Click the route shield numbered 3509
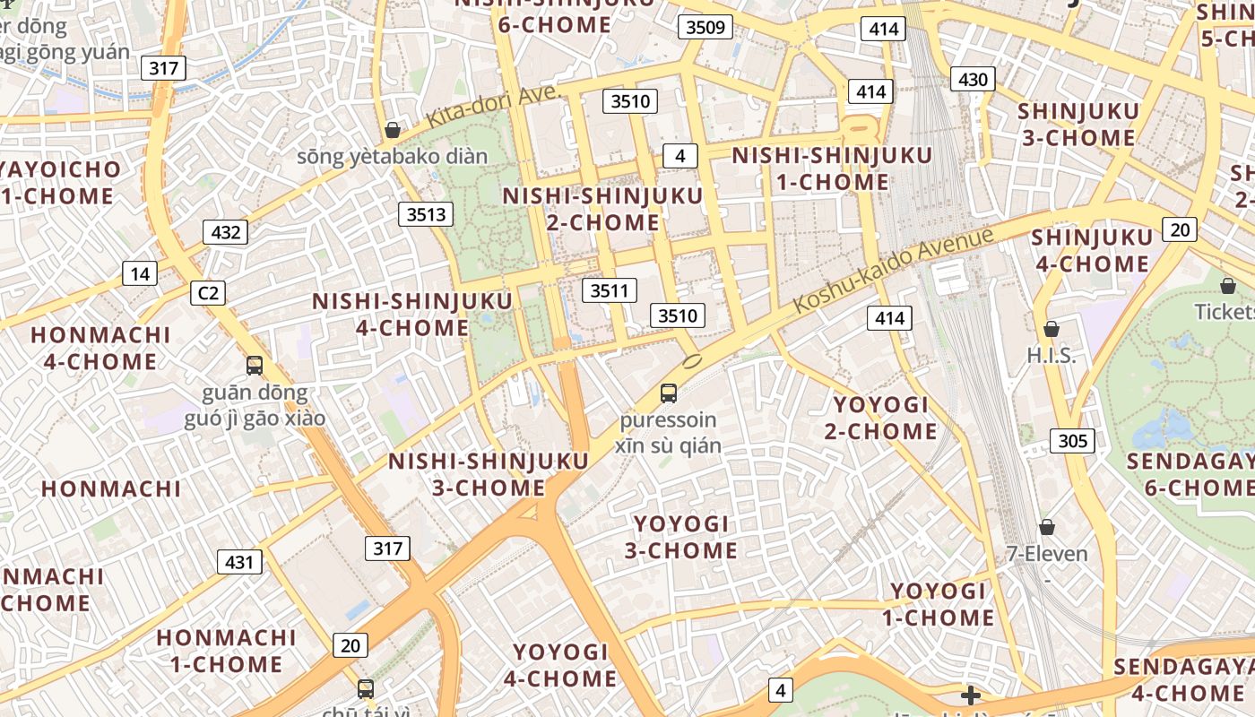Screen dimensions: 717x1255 pyautogui.click(x=705, y=27)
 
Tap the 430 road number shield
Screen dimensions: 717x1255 pyautogui.click(x=973, y=80)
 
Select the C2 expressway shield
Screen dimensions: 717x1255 pyautogui.click(x=208, y=293)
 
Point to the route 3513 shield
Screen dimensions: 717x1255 pyautogui.click(x=426, y=214)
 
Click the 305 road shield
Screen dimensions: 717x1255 pyautogui.click(x=1072, y=440)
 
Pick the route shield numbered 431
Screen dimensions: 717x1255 pyautogui.click(x=239, y=562)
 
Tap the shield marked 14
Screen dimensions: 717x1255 pyautogui.click(x=140, y=273)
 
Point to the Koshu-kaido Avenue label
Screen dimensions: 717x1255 pyautogui.click(x=894, y=270)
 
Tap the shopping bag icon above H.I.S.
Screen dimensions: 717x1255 pyautogui.click(x=1052, y=329)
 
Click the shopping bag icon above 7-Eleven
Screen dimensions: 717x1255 pyautogui.click(x=1046, y=527)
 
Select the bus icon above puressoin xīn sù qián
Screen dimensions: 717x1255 pyautogui.click(x=669, y=393)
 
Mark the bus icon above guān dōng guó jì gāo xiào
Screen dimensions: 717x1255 pyautogui.click(x=255, y=366)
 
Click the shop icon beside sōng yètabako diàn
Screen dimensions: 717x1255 pyautogui.click(x=392, y=130)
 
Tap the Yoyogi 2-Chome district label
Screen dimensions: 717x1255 pyautogui.click(x=881, y=418)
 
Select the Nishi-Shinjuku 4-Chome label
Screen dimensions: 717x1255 pyautogui.click(x=412, y=315)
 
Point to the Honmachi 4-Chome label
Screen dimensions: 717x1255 pyautogui.click(x=100, y=349)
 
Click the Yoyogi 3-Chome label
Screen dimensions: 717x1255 pyautogui.click(x=681, y=537)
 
